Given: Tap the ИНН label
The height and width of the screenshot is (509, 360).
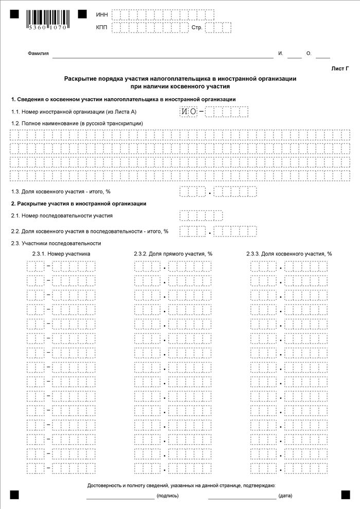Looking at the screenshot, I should click(x=102, y=15).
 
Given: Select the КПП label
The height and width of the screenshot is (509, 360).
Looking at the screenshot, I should click(x=102, y=27).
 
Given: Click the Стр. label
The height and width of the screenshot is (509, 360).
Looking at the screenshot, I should click(x=196, y=27).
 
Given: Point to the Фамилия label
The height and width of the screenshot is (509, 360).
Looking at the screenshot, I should click(x=38, y=53).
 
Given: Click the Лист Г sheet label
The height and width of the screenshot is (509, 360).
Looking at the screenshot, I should click(x=340, y=68).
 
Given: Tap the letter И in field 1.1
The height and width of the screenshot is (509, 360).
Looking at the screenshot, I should click(x=184, y=112).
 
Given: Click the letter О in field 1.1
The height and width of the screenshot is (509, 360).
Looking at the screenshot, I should click(x=193, y=112).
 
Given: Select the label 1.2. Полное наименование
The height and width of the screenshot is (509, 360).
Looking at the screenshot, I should click(x=77, y=123).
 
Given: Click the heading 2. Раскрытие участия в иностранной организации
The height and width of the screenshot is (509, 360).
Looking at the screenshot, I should click(x=79, y=204).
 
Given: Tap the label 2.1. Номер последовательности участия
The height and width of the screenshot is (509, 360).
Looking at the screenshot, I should click(x=62, y=216).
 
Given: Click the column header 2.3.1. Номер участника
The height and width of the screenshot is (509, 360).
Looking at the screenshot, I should click(x=61, y=254).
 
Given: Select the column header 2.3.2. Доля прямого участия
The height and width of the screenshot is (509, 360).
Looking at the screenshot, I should click(x=173, y=254).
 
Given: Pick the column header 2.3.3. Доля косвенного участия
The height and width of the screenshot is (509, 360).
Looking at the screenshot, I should click(x=289, y=254).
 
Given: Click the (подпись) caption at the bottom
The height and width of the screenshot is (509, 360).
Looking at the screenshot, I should click(x=168, y=496).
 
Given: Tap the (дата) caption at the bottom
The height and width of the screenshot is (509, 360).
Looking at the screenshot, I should click(x=285, y=496).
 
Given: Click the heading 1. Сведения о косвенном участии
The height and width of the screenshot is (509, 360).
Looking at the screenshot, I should click(x=123, y=99).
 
